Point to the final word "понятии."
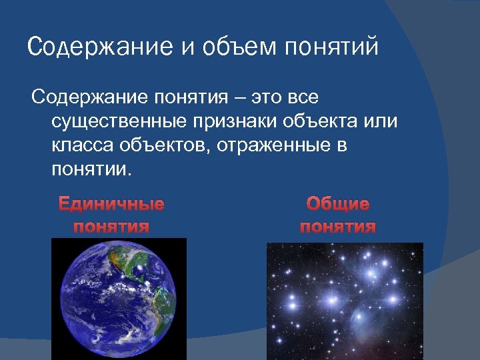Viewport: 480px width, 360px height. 91,169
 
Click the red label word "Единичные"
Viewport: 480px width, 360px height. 111,204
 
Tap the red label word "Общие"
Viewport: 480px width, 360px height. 338,204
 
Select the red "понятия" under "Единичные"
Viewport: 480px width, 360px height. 111,227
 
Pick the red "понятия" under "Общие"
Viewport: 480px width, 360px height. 338,227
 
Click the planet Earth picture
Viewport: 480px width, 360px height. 118,300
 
